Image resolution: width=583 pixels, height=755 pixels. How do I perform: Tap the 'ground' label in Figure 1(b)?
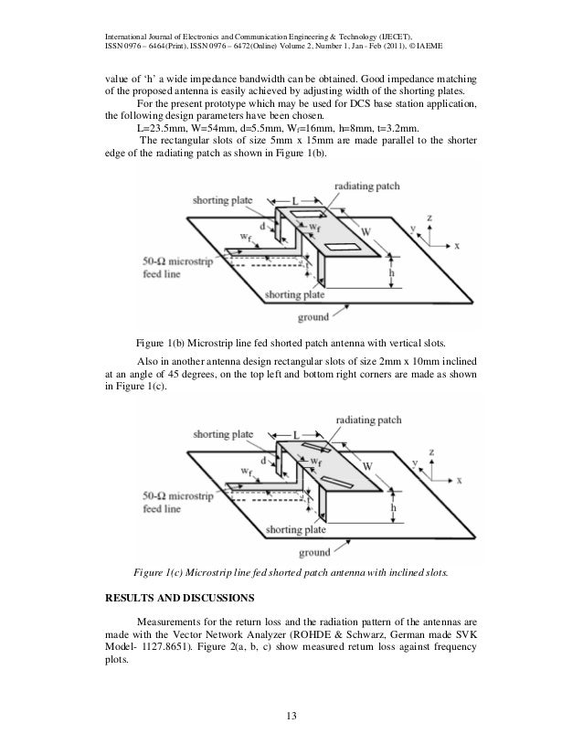tap(313, 317)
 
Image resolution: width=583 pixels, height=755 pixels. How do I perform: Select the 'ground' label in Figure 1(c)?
tap(313, 553)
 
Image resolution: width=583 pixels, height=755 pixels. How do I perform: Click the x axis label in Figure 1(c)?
tap(459, 480)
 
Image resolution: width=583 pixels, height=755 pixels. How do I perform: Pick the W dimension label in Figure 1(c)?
tap(368, 466)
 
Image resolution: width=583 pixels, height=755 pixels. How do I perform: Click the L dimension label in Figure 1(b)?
tap(293, 198)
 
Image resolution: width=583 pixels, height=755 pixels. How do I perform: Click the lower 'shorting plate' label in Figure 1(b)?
tap(294, 296)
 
